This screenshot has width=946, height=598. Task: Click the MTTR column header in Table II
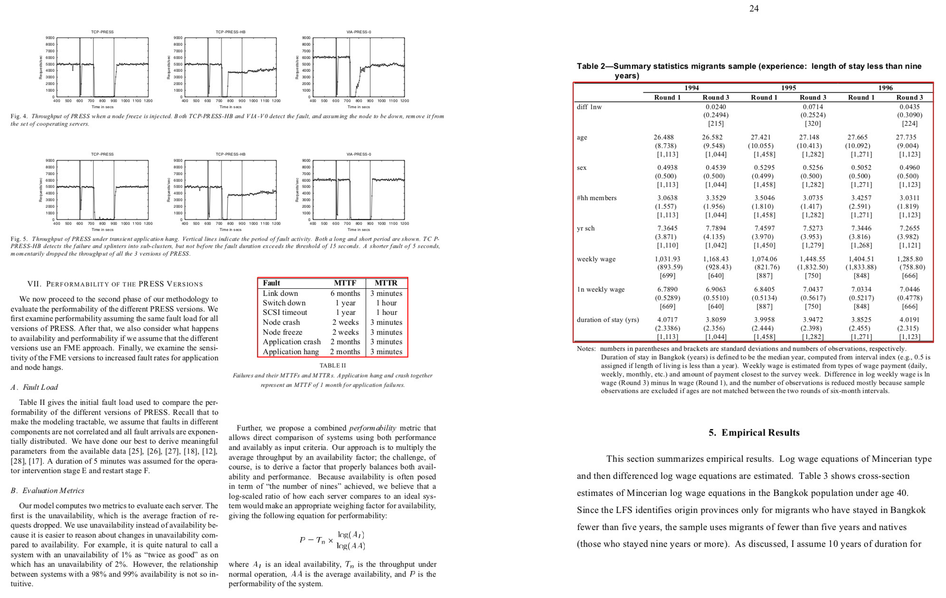coord(386,283)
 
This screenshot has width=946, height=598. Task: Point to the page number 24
coord(753,9)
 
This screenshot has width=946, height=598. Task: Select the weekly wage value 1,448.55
coord(812,259)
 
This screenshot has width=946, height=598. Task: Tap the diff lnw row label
coord(589,107)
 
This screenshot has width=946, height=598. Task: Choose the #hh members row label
coord(596,198)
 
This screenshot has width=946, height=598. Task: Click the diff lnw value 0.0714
coord(812,107)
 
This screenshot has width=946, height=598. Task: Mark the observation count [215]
coord(715,123)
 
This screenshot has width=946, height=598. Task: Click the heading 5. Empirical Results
coord(753,433)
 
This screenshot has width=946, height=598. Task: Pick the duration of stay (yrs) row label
coord(607,320)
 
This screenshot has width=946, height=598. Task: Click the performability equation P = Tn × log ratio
coord(332,540)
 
